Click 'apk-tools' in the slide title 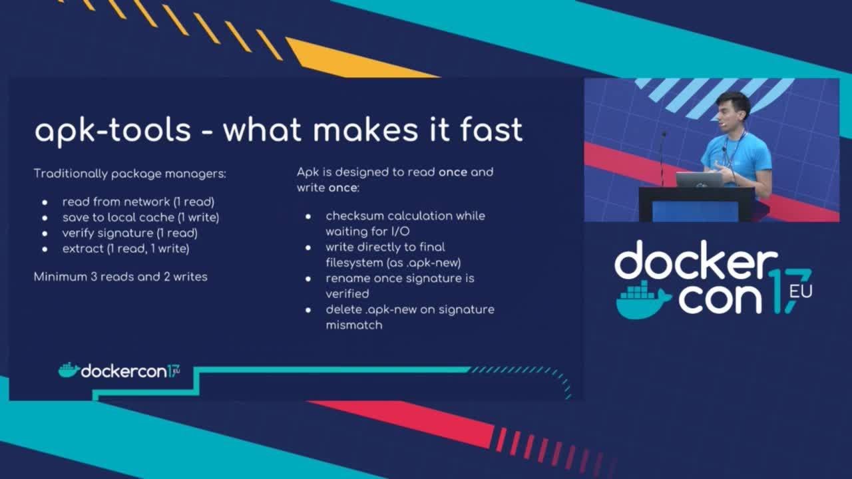[x=112, y=132]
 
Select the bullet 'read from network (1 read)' [x=138, y=202]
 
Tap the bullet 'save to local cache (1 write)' [x=140, y=217]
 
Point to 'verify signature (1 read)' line [x=130, y=233]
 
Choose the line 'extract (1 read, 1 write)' [x=126, y=249]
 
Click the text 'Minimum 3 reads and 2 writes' [x=120, y=277]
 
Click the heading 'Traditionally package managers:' [x=130, y=174]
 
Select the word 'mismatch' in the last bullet [x=354, y=325]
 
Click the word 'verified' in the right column [x=347, y=294]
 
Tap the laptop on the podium [x=699, y=180]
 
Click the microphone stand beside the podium [x=662, y=159]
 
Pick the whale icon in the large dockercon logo [x=643, y=300]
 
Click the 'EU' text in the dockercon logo [x=801, y=291]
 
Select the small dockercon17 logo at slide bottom [x=119, y=371]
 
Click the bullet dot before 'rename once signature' [x=308, y=279]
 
